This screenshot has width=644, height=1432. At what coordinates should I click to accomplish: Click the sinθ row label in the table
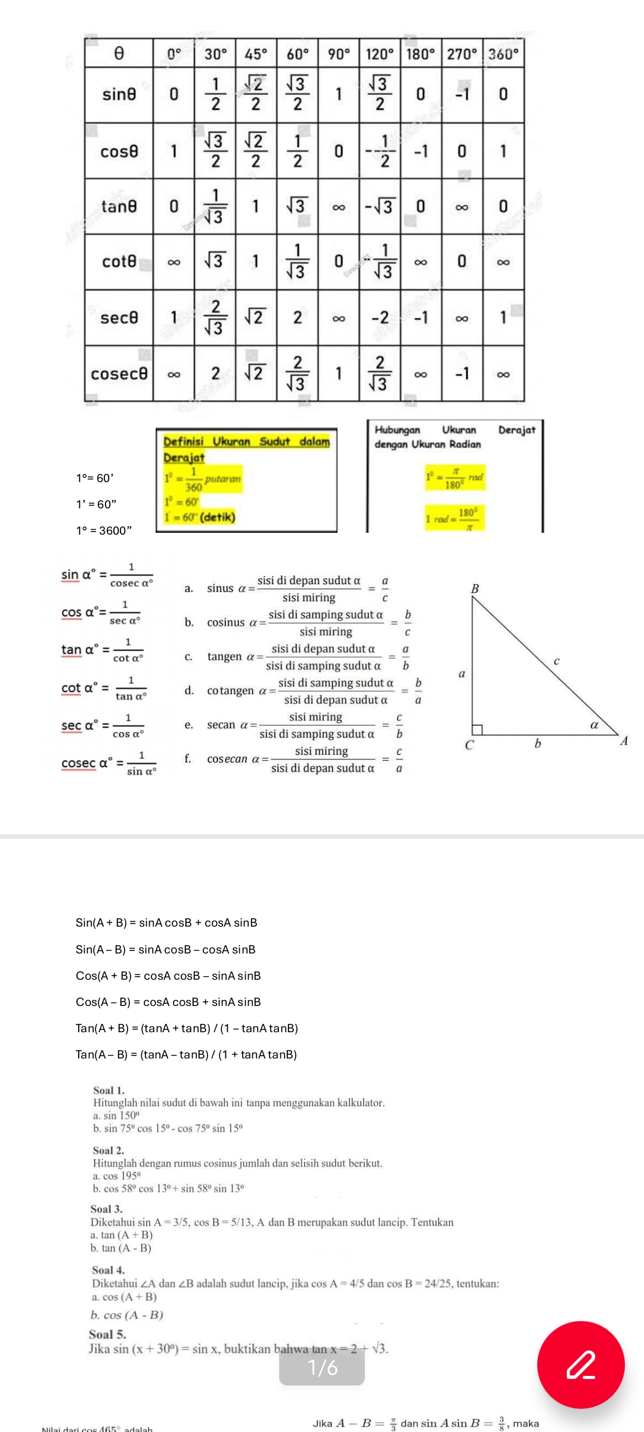119,94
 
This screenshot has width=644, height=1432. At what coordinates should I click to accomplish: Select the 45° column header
256,54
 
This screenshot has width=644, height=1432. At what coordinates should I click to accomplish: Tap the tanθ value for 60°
297,206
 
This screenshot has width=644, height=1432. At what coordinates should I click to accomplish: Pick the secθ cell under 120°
380,318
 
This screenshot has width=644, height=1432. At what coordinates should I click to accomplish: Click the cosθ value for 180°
420,151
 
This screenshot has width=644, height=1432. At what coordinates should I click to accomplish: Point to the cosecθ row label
119,374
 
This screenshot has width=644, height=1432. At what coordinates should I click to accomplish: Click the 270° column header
462,54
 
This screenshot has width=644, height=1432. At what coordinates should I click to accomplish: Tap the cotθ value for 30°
215,261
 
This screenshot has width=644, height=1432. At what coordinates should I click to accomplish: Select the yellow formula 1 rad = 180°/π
454,518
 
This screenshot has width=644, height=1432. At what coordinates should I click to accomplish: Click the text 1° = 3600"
104,530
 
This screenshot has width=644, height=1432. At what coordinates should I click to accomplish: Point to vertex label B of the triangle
475,588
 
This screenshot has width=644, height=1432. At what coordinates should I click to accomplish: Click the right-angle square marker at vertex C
477,729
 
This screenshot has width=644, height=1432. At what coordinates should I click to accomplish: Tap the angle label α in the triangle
593,725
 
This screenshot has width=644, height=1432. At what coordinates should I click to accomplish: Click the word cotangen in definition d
230,691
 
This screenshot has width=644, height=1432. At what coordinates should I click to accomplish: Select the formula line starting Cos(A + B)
168,976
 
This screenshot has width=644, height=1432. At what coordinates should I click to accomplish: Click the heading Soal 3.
106,1209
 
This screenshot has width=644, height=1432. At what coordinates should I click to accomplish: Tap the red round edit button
580,1365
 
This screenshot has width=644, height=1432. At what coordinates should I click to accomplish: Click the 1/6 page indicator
322,1367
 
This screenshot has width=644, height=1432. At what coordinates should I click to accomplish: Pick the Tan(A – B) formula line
186,1054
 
